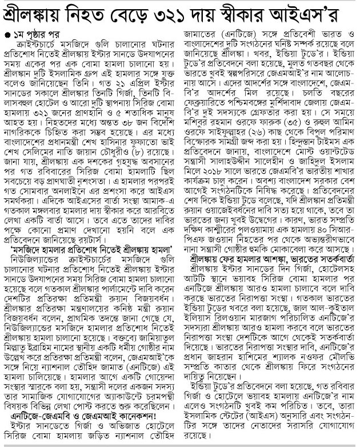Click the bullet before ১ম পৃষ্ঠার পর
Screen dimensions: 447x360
tap(7, 29)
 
